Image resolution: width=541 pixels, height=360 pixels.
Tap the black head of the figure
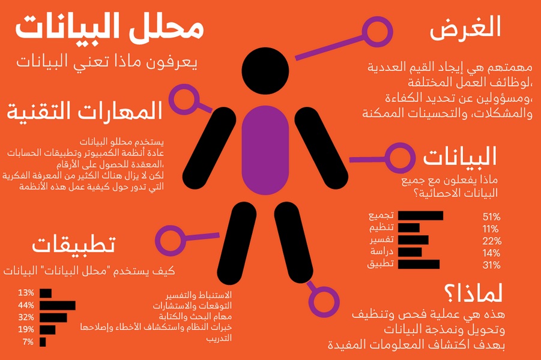265,71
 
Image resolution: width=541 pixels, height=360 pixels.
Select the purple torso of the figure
265,150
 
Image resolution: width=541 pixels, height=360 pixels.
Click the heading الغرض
465,27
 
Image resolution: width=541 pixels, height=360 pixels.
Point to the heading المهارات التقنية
85,111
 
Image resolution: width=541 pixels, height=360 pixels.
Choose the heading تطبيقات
73,244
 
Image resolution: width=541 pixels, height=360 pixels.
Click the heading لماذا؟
473,294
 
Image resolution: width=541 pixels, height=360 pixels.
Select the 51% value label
492,217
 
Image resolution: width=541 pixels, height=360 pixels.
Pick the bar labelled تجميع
420,215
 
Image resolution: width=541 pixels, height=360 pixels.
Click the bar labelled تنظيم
409,227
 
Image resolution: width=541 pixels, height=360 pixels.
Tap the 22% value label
492,241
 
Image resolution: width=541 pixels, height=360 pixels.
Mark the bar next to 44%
58,305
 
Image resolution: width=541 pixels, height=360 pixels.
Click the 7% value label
28,342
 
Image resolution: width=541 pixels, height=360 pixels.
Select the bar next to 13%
46,293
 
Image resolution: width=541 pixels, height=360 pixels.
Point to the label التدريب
219,338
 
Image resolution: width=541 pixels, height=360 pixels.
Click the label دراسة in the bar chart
382,252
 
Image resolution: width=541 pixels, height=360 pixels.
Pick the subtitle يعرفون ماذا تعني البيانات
107,62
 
